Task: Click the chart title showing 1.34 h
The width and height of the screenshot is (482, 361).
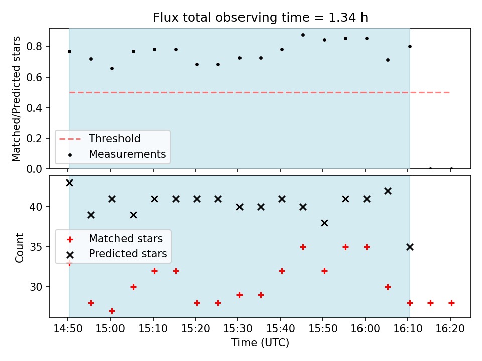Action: pos(260,18)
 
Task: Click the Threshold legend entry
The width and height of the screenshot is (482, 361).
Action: pos(99,139)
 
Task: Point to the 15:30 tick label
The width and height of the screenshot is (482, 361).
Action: pos(237,329)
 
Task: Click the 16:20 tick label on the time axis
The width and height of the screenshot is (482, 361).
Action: pos(450,329)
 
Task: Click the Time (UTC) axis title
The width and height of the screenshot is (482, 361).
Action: pos(260,342)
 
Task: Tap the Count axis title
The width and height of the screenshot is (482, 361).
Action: pos(19,247)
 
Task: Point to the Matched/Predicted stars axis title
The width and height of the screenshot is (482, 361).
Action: pos(16,99)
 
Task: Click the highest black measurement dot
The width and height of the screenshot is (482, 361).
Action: pos(303,35)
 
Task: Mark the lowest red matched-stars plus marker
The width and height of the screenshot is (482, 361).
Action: pos(112,311)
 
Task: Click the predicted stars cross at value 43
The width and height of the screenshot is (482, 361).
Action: pos(70,183)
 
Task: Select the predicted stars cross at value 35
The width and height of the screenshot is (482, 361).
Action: pos(410,247)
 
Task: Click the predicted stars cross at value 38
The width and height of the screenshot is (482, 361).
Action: pos(324,223)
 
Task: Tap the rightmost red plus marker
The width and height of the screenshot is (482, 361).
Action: pos(451,303)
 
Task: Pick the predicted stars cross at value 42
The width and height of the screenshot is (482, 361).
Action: pos(388,191)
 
